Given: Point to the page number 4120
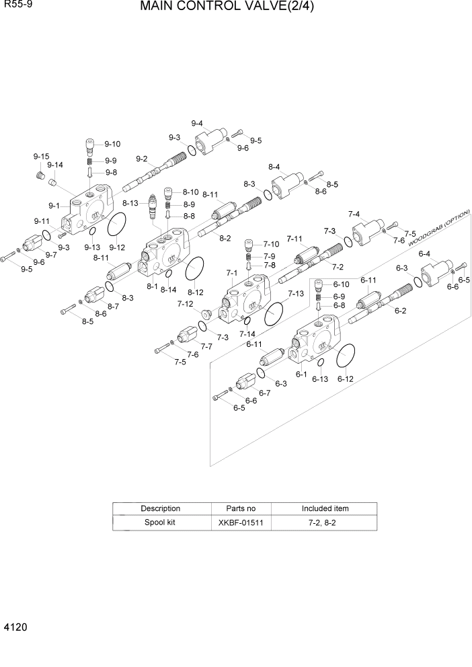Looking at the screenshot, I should pyautogui.click(x=15, y=627).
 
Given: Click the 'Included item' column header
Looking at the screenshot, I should pyautogui.click(x=325, y=508).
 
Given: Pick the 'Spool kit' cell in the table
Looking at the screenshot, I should pyautogui.click(x=160, y=522).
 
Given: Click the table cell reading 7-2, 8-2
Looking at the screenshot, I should pyautogui.click(x=325, y=522).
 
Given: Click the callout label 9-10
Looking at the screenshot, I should pyautogui.click(x=112, y=144).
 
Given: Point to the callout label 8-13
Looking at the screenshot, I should pyautogui.click(x=130, y=203).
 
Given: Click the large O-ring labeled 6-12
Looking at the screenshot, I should pyautogui.click(x=345, y=356).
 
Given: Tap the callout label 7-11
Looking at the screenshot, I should pyautogui.click(x=294, y=239).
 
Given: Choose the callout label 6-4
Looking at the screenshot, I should pyautogui.click(x=424, y=254).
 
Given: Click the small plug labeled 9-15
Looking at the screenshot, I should pyautogui.click(x=40, y=175).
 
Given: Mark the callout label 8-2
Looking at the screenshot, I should pyautogui.click(x=225, y=239).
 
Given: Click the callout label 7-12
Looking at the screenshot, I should pyautogui.click(x=185, y=304).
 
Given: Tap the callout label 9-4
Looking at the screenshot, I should pyautogui.click(x=197, y=123).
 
